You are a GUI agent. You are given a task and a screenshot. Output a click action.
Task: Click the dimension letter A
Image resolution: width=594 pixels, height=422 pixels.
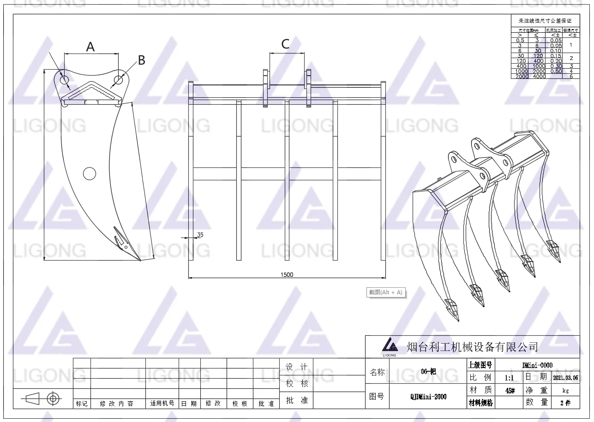[90, 47]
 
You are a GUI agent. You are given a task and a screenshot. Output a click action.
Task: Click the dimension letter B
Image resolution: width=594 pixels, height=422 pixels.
[142, 60]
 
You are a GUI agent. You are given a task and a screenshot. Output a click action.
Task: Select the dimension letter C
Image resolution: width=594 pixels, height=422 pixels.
[285, 44]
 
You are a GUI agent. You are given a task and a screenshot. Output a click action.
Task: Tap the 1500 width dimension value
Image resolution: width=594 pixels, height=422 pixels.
[287, 275]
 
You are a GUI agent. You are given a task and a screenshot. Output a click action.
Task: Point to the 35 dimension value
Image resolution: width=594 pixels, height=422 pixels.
[200, 235]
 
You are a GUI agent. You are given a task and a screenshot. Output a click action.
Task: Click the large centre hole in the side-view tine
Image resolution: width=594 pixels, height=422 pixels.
[89, 173]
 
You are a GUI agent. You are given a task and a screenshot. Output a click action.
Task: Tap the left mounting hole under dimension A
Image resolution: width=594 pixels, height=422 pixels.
[65, 80]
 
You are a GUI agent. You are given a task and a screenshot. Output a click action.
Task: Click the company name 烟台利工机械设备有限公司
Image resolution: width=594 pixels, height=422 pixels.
[472, 346]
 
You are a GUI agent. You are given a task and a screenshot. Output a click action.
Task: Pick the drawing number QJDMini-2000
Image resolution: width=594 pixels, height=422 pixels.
[428, 396]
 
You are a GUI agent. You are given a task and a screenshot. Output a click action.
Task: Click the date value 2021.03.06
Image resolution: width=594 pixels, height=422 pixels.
[565, 377]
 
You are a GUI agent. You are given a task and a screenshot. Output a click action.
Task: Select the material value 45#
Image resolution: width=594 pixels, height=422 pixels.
[510, 390]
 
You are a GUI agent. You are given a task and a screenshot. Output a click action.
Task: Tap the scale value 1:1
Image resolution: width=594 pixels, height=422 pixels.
[510, 377]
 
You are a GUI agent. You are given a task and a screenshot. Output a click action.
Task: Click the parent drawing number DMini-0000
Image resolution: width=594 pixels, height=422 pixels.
[537, 365]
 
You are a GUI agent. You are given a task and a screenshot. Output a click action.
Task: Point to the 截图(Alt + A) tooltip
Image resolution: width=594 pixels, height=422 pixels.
[385, 292]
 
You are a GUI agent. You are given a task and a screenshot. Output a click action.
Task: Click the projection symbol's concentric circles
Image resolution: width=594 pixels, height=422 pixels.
[53, 398]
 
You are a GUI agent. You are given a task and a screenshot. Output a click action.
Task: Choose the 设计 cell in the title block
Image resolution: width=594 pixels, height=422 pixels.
[296, 367]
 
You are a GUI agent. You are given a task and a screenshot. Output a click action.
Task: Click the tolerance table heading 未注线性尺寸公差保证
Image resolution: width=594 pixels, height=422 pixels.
[545, 21]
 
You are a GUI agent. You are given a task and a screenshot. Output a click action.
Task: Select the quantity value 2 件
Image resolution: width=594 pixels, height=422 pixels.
[565, 403]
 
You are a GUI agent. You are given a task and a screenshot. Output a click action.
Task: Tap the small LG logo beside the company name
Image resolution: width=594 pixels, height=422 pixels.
[390, 345]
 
